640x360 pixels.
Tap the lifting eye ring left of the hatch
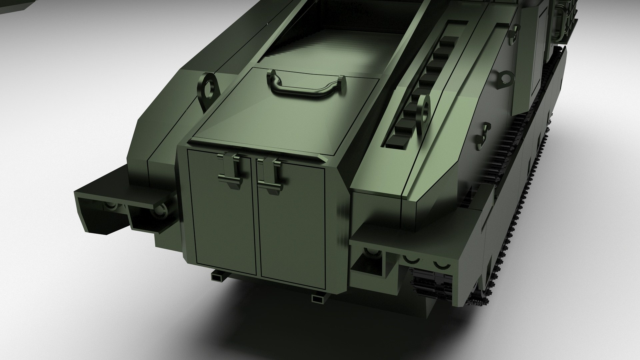point(209,88)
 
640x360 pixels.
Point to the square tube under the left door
point(218,275)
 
